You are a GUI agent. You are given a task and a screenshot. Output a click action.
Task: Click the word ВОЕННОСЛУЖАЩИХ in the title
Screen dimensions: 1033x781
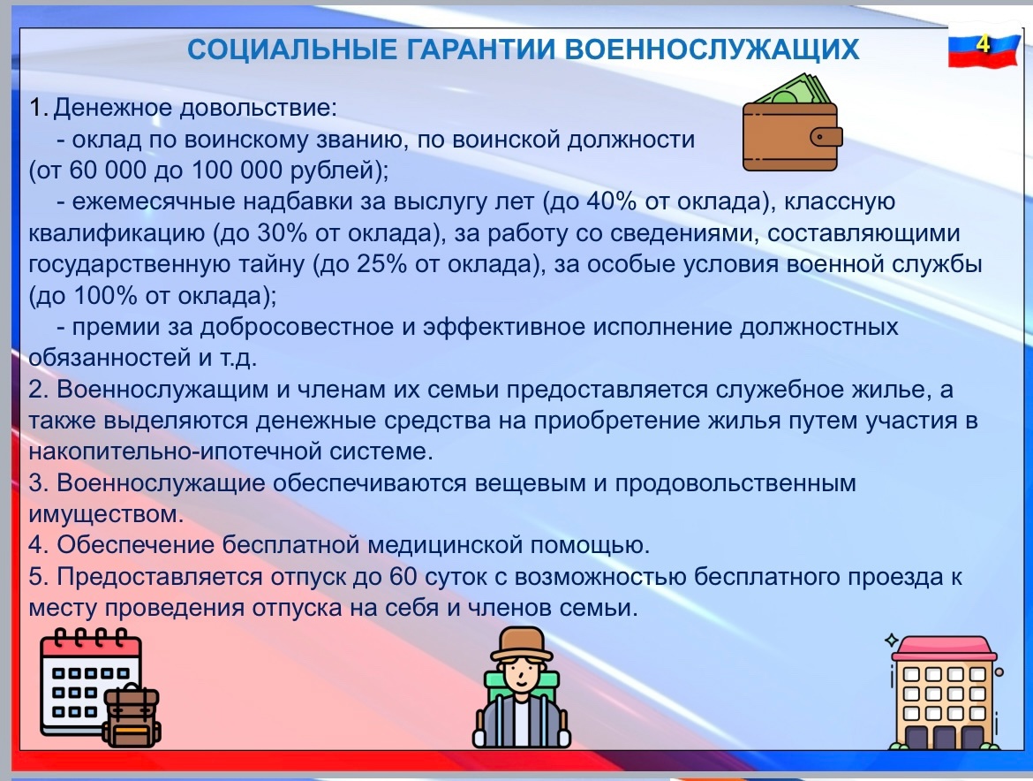click(713, 50)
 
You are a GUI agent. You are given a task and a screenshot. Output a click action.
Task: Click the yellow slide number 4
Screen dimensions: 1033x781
click(983, 44)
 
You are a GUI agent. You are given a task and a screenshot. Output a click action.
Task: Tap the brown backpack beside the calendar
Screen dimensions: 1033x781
click(132, 715)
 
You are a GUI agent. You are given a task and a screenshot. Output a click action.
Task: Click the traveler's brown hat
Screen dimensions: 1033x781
click(522, 643)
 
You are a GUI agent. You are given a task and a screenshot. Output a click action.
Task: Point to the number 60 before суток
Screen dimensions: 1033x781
click(403, 577)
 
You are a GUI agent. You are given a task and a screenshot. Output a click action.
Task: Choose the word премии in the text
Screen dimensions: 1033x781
click(116, 328)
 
